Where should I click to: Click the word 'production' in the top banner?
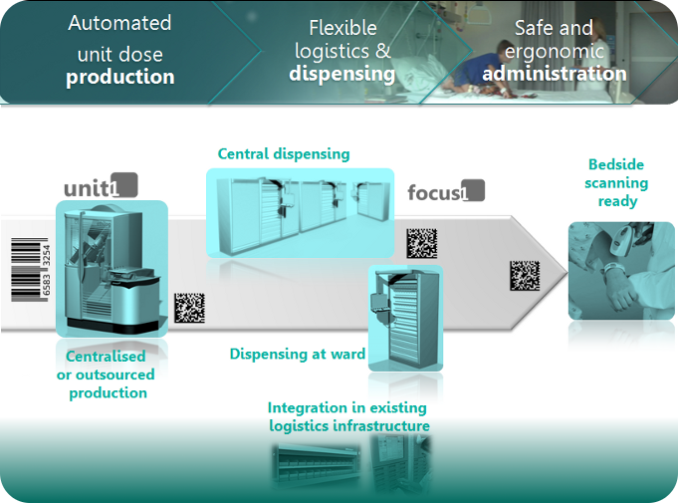pyautogui.click(x=119, y=77)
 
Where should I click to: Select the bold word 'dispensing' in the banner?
pyautogui.click(x=342, y=74)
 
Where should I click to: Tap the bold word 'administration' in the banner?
pyautogui.click(x=555, y=74)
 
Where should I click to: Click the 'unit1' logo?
pyautogui.click(x=101, y=186)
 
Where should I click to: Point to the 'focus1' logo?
pyautogui.click(x=445, y=191)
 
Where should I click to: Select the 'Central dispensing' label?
pyautogui.click(x=284, y=153)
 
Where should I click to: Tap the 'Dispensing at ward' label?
pyautogui.click(x=297, y=354)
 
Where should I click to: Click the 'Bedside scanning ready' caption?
pyautogui.click(x=617, y=182)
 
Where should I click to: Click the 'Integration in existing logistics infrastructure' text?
pyautogui.click(x=347, y=417)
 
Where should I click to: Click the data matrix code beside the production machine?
pyautogui.click(x=190, y=307)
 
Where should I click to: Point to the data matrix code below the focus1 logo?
pyautogui.click(x=421, y=243)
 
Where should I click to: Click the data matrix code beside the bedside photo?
pyautogui.click(x=525, y=275)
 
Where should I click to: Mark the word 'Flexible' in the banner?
pyautogui.click(x=342, y=27)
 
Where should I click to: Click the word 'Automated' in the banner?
pyautogui.click(x=118, y=23)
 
